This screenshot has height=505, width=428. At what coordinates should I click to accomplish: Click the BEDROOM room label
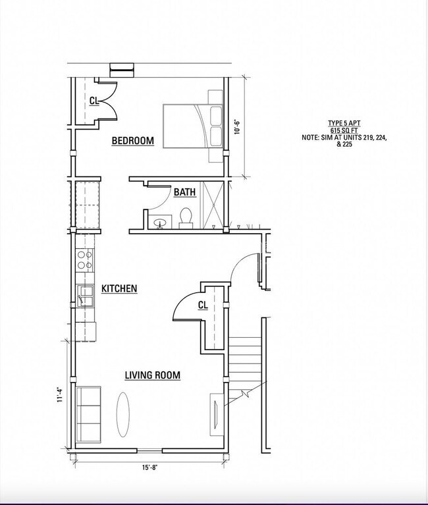pyautogui.click(x=132, y=140)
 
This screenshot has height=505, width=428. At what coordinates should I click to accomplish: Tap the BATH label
pyautogui.click(x=184, y=192)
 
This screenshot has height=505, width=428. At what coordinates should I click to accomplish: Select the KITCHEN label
pyautogui.click(x=119, y=288)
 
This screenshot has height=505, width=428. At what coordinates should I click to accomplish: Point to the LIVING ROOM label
pyautogui.click(x=153, y=375)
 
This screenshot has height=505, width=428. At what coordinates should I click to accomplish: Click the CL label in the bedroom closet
pyautogui.click(x=94, y=101)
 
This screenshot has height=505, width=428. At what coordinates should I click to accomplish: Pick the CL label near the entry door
pyautogui.click(x=203, y=305)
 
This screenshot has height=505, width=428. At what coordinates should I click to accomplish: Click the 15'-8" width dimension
pyautogui.click(x=149, y=468)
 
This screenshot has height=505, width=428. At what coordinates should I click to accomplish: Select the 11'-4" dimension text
pyautogui.click(x=59, y=394)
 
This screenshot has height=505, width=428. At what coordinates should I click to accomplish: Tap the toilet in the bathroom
pyautogui.click(x=186, y=217)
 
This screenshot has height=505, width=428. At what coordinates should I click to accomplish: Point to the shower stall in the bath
pyautogui.click(x=212, y=205)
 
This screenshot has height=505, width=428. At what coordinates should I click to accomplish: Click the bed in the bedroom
pyautogui.click(x=192, y=126)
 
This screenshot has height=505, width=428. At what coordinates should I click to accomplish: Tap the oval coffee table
pyautogui.click(x=123, y=412)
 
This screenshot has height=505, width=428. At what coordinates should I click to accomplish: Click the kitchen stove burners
pyautogui.click(x=85, y=259)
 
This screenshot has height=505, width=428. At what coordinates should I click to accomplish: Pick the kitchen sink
pyautogui.click(x=85, y=298)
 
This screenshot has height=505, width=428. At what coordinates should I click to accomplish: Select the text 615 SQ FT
pyautogui.click(x=344, y=130)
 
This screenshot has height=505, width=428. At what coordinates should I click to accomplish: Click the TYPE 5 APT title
pyautogui.click(x=344, y=123)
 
